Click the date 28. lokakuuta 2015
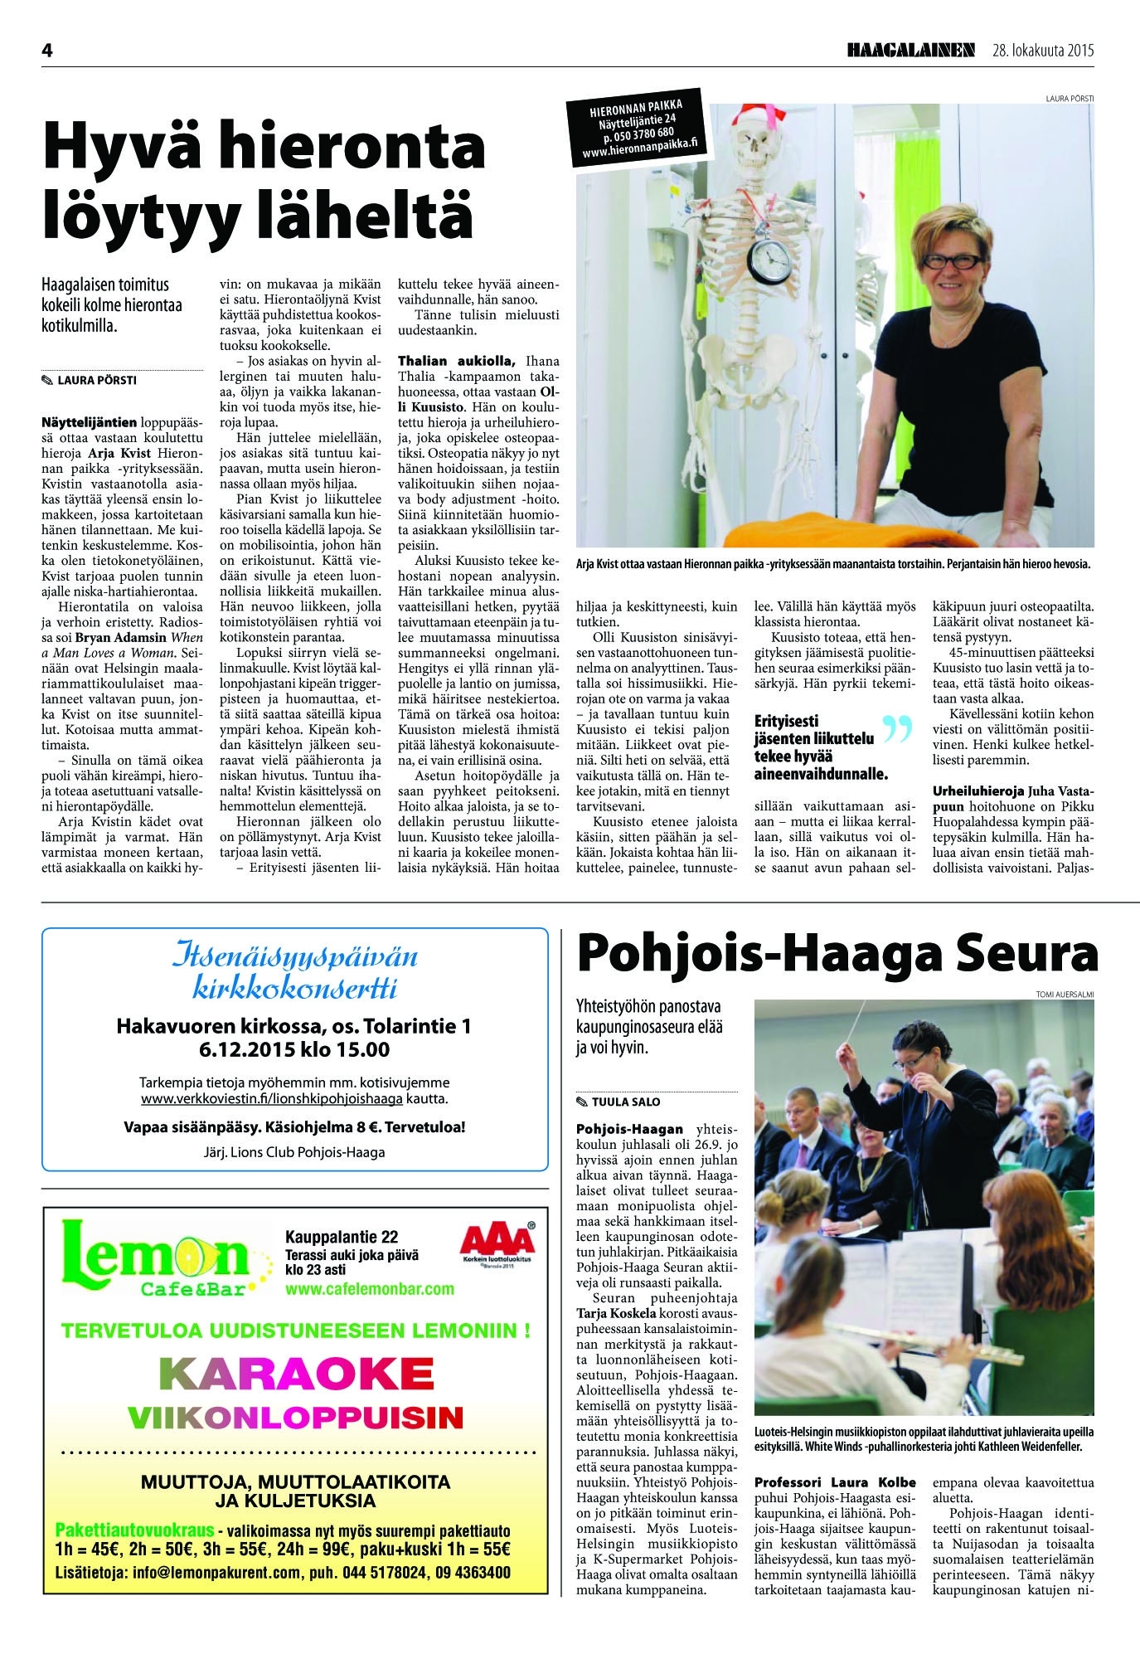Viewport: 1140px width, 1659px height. (x=1043, y=51)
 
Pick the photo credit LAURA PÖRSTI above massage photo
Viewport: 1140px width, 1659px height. (x=1070, y=98)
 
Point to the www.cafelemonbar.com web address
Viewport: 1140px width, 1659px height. (x=370, y=1288)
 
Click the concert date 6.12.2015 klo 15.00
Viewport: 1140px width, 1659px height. (x=294, y=1049)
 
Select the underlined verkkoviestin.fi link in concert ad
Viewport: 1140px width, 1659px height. (x=272, y=1099)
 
